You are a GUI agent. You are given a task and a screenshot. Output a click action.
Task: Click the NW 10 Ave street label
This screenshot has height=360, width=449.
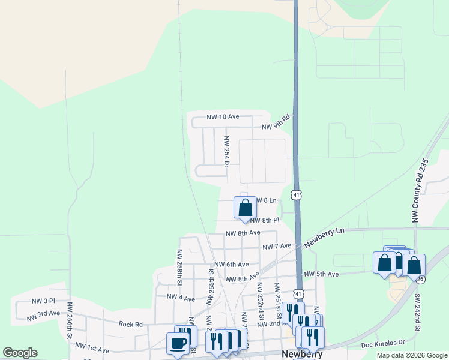(223, 116)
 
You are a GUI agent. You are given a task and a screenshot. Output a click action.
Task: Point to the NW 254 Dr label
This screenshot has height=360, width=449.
(227, 151)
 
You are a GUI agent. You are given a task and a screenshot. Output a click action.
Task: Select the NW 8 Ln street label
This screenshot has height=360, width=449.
(267, 200)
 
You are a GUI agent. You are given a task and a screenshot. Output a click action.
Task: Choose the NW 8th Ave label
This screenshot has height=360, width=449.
(243, 233)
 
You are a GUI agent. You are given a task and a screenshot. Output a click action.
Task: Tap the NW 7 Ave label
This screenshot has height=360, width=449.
(277, 246)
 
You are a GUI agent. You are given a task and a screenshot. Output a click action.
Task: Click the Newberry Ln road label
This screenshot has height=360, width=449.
(324, 237)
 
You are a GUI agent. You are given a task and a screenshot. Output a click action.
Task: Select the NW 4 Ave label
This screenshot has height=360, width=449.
(181, 298)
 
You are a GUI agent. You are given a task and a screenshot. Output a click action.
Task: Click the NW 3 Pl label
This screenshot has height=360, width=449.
(43, 301)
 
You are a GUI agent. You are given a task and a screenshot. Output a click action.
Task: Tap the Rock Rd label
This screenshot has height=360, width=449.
(130, 324)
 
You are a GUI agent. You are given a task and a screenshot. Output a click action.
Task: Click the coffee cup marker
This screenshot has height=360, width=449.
(177, 344)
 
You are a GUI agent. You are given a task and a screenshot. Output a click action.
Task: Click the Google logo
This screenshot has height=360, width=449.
(20, 353)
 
